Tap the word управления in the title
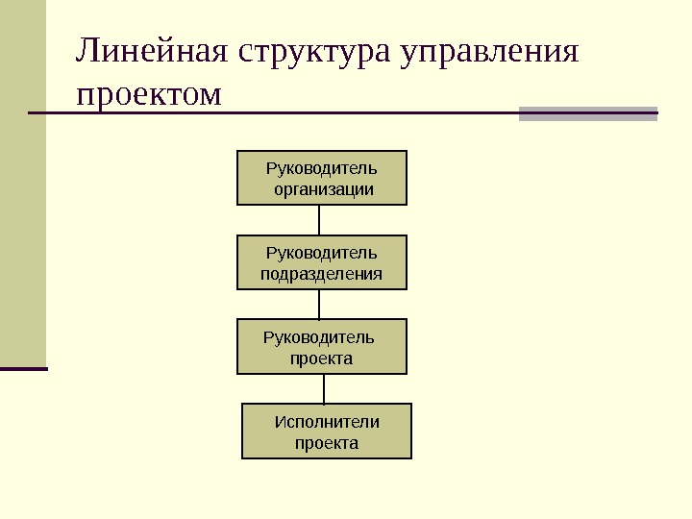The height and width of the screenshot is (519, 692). pos(493,53)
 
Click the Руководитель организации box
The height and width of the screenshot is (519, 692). pos(322,178)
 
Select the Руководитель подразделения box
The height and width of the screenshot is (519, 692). pos(322,262)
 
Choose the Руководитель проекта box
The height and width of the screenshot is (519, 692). pos(322,346)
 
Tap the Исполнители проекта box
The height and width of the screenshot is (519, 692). pos(326,431)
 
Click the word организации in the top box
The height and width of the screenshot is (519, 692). pos(322,189)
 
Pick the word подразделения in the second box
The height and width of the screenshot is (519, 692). pos(322,274)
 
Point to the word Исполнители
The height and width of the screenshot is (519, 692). pos(327,422)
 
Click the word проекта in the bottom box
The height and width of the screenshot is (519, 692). pos(327,443)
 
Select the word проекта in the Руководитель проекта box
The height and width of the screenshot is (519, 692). pos(322,358)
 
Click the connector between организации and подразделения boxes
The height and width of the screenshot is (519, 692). pos(319,220)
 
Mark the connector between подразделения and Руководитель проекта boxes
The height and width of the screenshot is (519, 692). pos(319,304)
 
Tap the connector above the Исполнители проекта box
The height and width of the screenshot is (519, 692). pos(324,388)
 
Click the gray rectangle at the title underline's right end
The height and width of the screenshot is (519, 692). pos(588,113)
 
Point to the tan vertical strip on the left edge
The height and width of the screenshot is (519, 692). pos(22,183)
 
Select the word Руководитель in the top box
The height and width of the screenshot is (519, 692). pos(322,169)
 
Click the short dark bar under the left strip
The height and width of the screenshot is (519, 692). pos(23,368)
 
